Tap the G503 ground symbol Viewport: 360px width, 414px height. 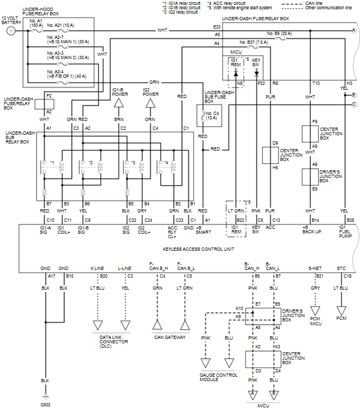(x=46, y=397)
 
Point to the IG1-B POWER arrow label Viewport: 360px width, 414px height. (x=119, y=91)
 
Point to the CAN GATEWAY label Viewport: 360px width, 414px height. (x=170, y=337)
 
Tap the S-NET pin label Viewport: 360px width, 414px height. (x=315, y=269)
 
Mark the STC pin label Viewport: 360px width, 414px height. (x=341, y=269)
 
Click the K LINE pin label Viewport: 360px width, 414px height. (x=97, y=269)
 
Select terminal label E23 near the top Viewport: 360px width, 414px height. (x=217, y=26)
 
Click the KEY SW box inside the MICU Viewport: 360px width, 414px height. (x=256, y=64)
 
